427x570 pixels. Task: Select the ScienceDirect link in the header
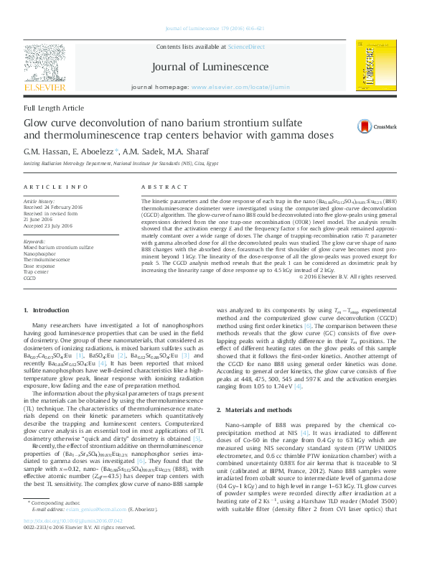point(246,45)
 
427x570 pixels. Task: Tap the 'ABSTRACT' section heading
point(159,187)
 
